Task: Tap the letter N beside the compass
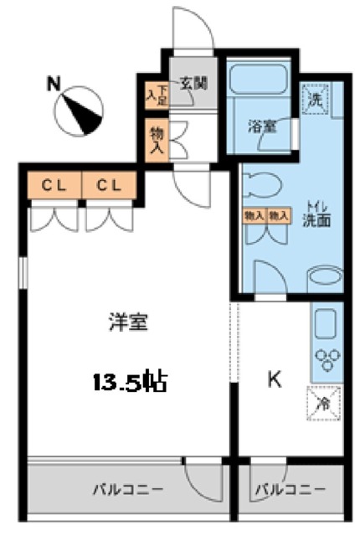tap(53, 83)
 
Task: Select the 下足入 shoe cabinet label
tap(157, 94)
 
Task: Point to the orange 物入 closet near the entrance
tap(157, 140)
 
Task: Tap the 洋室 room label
tap(128, 322)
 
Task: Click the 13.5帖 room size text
tap(130, 383)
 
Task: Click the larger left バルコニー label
tap(128, 488)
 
